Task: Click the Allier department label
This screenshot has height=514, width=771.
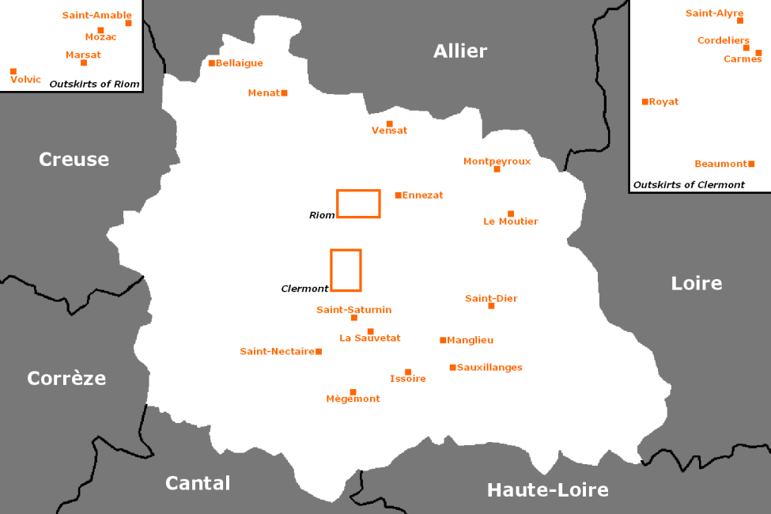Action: pos(460,51)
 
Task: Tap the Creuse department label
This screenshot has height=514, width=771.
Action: pos(74,160)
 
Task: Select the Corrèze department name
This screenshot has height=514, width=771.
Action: pos(66,378)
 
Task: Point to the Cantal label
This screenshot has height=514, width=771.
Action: pos(198,483)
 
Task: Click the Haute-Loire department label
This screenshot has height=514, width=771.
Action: pos(547,490)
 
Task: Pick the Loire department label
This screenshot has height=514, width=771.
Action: pos(696,283)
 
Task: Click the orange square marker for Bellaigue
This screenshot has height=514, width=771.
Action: pos(212,63)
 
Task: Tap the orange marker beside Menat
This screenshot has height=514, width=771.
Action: pos(285,93)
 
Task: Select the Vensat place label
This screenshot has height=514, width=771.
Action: pos(389,130)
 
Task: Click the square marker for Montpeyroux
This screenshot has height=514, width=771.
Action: pos(497,169)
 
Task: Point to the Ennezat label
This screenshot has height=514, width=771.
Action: pos(422,195)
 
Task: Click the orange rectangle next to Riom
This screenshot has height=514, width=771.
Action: pos(358,203)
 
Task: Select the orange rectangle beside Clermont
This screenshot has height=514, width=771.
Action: pos(346,270)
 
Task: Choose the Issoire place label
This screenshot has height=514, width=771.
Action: pos(408,379)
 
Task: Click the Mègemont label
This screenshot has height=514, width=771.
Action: pos(353,399)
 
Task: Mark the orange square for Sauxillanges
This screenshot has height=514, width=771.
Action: pos(452,368)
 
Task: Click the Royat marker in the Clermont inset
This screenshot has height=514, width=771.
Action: pos(645,102)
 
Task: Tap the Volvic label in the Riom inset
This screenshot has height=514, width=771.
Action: pos(26,79)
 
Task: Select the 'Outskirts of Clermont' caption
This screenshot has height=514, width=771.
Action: pos(689,185)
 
